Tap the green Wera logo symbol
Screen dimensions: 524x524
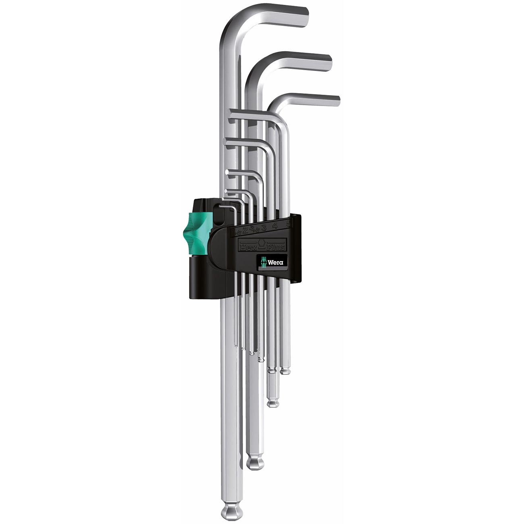click(263, 262)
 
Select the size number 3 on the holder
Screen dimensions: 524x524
click(264, 228)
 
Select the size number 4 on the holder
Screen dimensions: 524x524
click(275, 225)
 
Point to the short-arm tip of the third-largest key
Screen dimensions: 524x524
click(337, 100)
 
